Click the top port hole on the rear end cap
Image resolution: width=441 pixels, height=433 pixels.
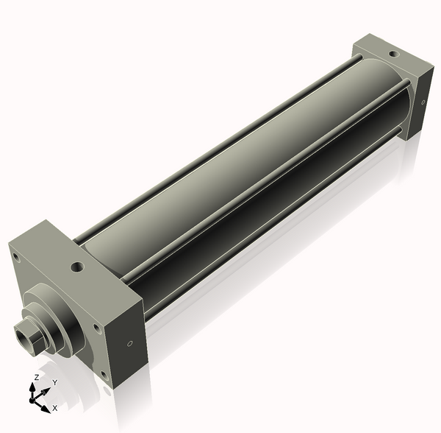pyautogui.click(x=394, y=54)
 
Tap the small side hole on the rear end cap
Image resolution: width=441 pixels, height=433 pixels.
pyautogui.click(x=424, y=102)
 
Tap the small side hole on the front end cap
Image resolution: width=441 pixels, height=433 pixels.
pyautogui.click(x=129, y=343)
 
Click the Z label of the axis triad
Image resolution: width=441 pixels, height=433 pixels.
pyautogui.click(x=36, y=377)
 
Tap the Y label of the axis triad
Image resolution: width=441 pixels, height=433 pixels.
pyautogui.click(x=55, y=383)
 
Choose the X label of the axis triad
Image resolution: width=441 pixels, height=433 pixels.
pyautogui.click(x=55, y=406)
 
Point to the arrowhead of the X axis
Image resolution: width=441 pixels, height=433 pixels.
pyautogui.click(x=46, y=407)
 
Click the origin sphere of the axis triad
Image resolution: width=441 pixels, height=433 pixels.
pyautogui.click(x=33, y=401)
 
